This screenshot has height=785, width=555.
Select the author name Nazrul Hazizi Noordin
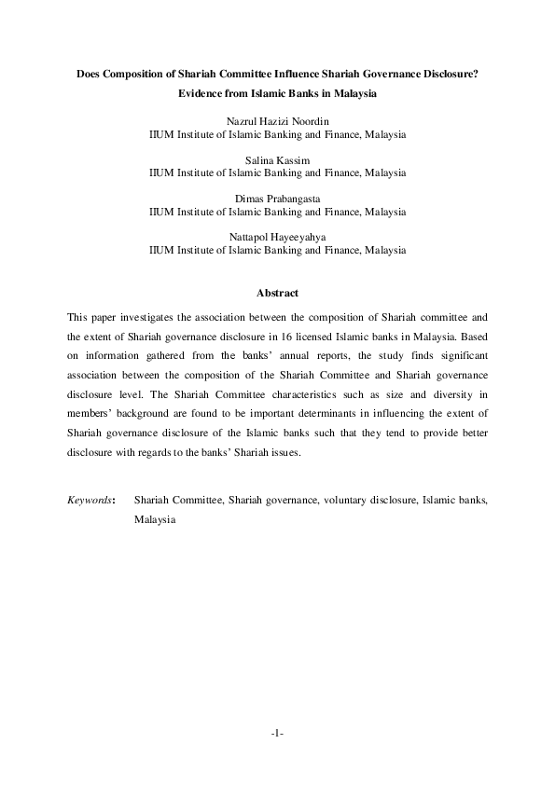tap(278, 122)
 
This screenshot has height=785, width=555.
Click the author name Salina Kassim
tap(278, 160)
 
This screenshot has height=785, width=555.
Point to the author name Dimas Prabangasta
tap(278, 199)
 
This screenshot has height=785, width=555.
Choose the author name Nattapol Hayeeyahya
tap(278, 237)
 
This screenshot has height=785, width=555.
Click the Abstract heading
tap(277, 294)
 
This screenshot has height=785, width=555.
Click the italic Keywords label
tap(90, 501)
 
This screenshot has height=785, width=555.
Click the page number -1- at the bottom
tap(277, 734)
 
